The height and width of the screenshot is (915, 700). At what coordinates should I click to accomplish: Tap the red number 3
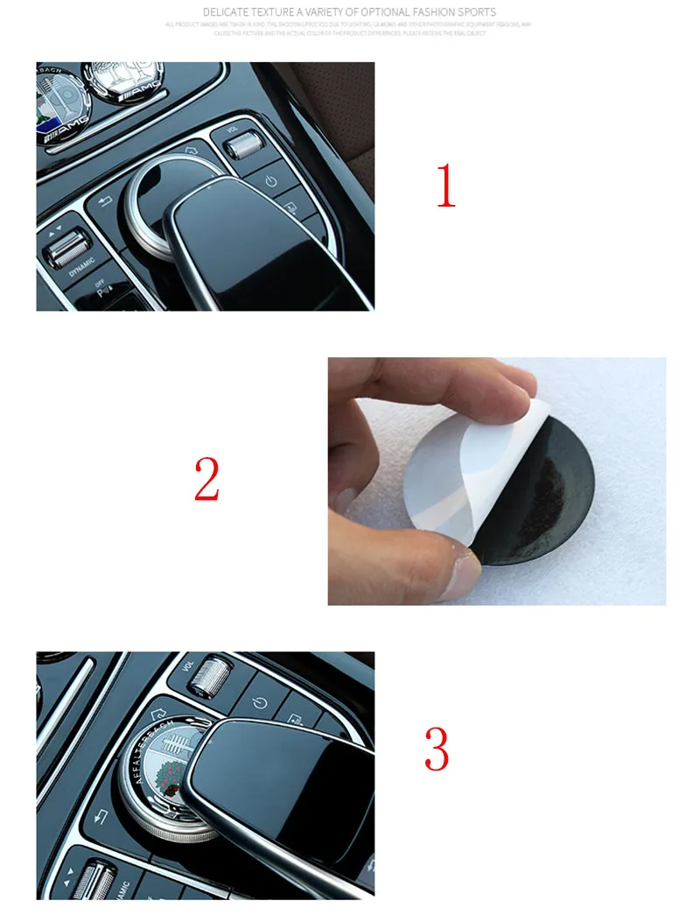[436, 748]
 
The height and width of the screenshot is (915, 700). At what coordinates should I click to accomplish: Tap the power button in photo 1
[271, 181]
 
